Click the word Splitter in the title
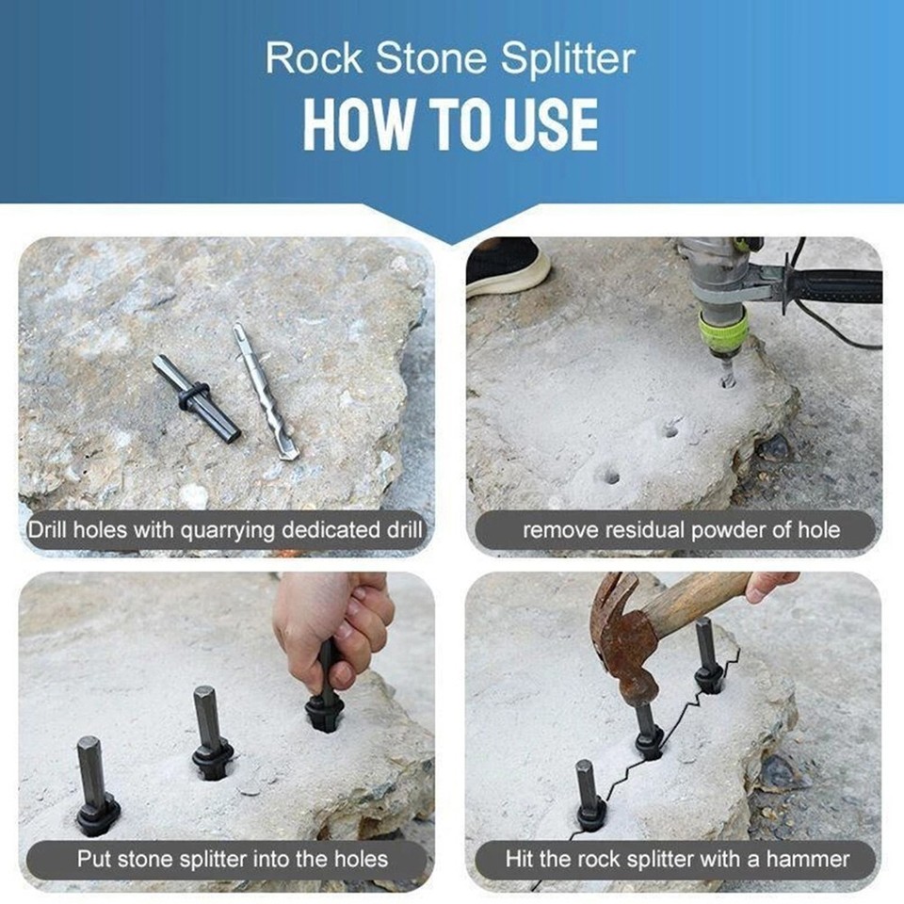(x=568, y=59)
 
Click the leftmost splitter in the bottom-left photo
(x=95, y=785)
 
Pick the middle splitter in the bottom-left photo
(x=210, y=731)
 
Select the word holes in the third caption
(x=349, y=858)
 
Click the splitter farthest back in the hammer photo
(x=707, y=655)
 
